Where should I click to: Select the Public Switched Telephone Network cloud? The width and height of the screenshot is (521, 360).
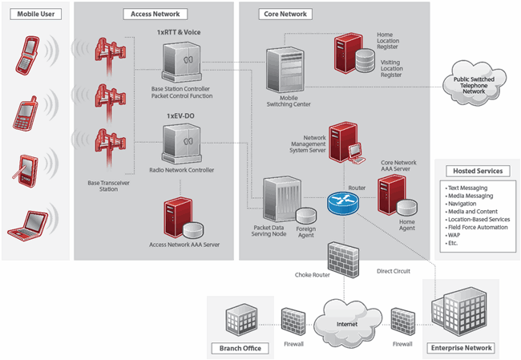click(475, 84)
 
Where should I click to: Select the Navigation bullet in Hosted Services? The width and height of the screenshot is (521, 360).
click(462, 204)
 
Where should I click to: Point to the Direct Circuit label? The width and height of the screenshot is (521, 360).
click(393, 271)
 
